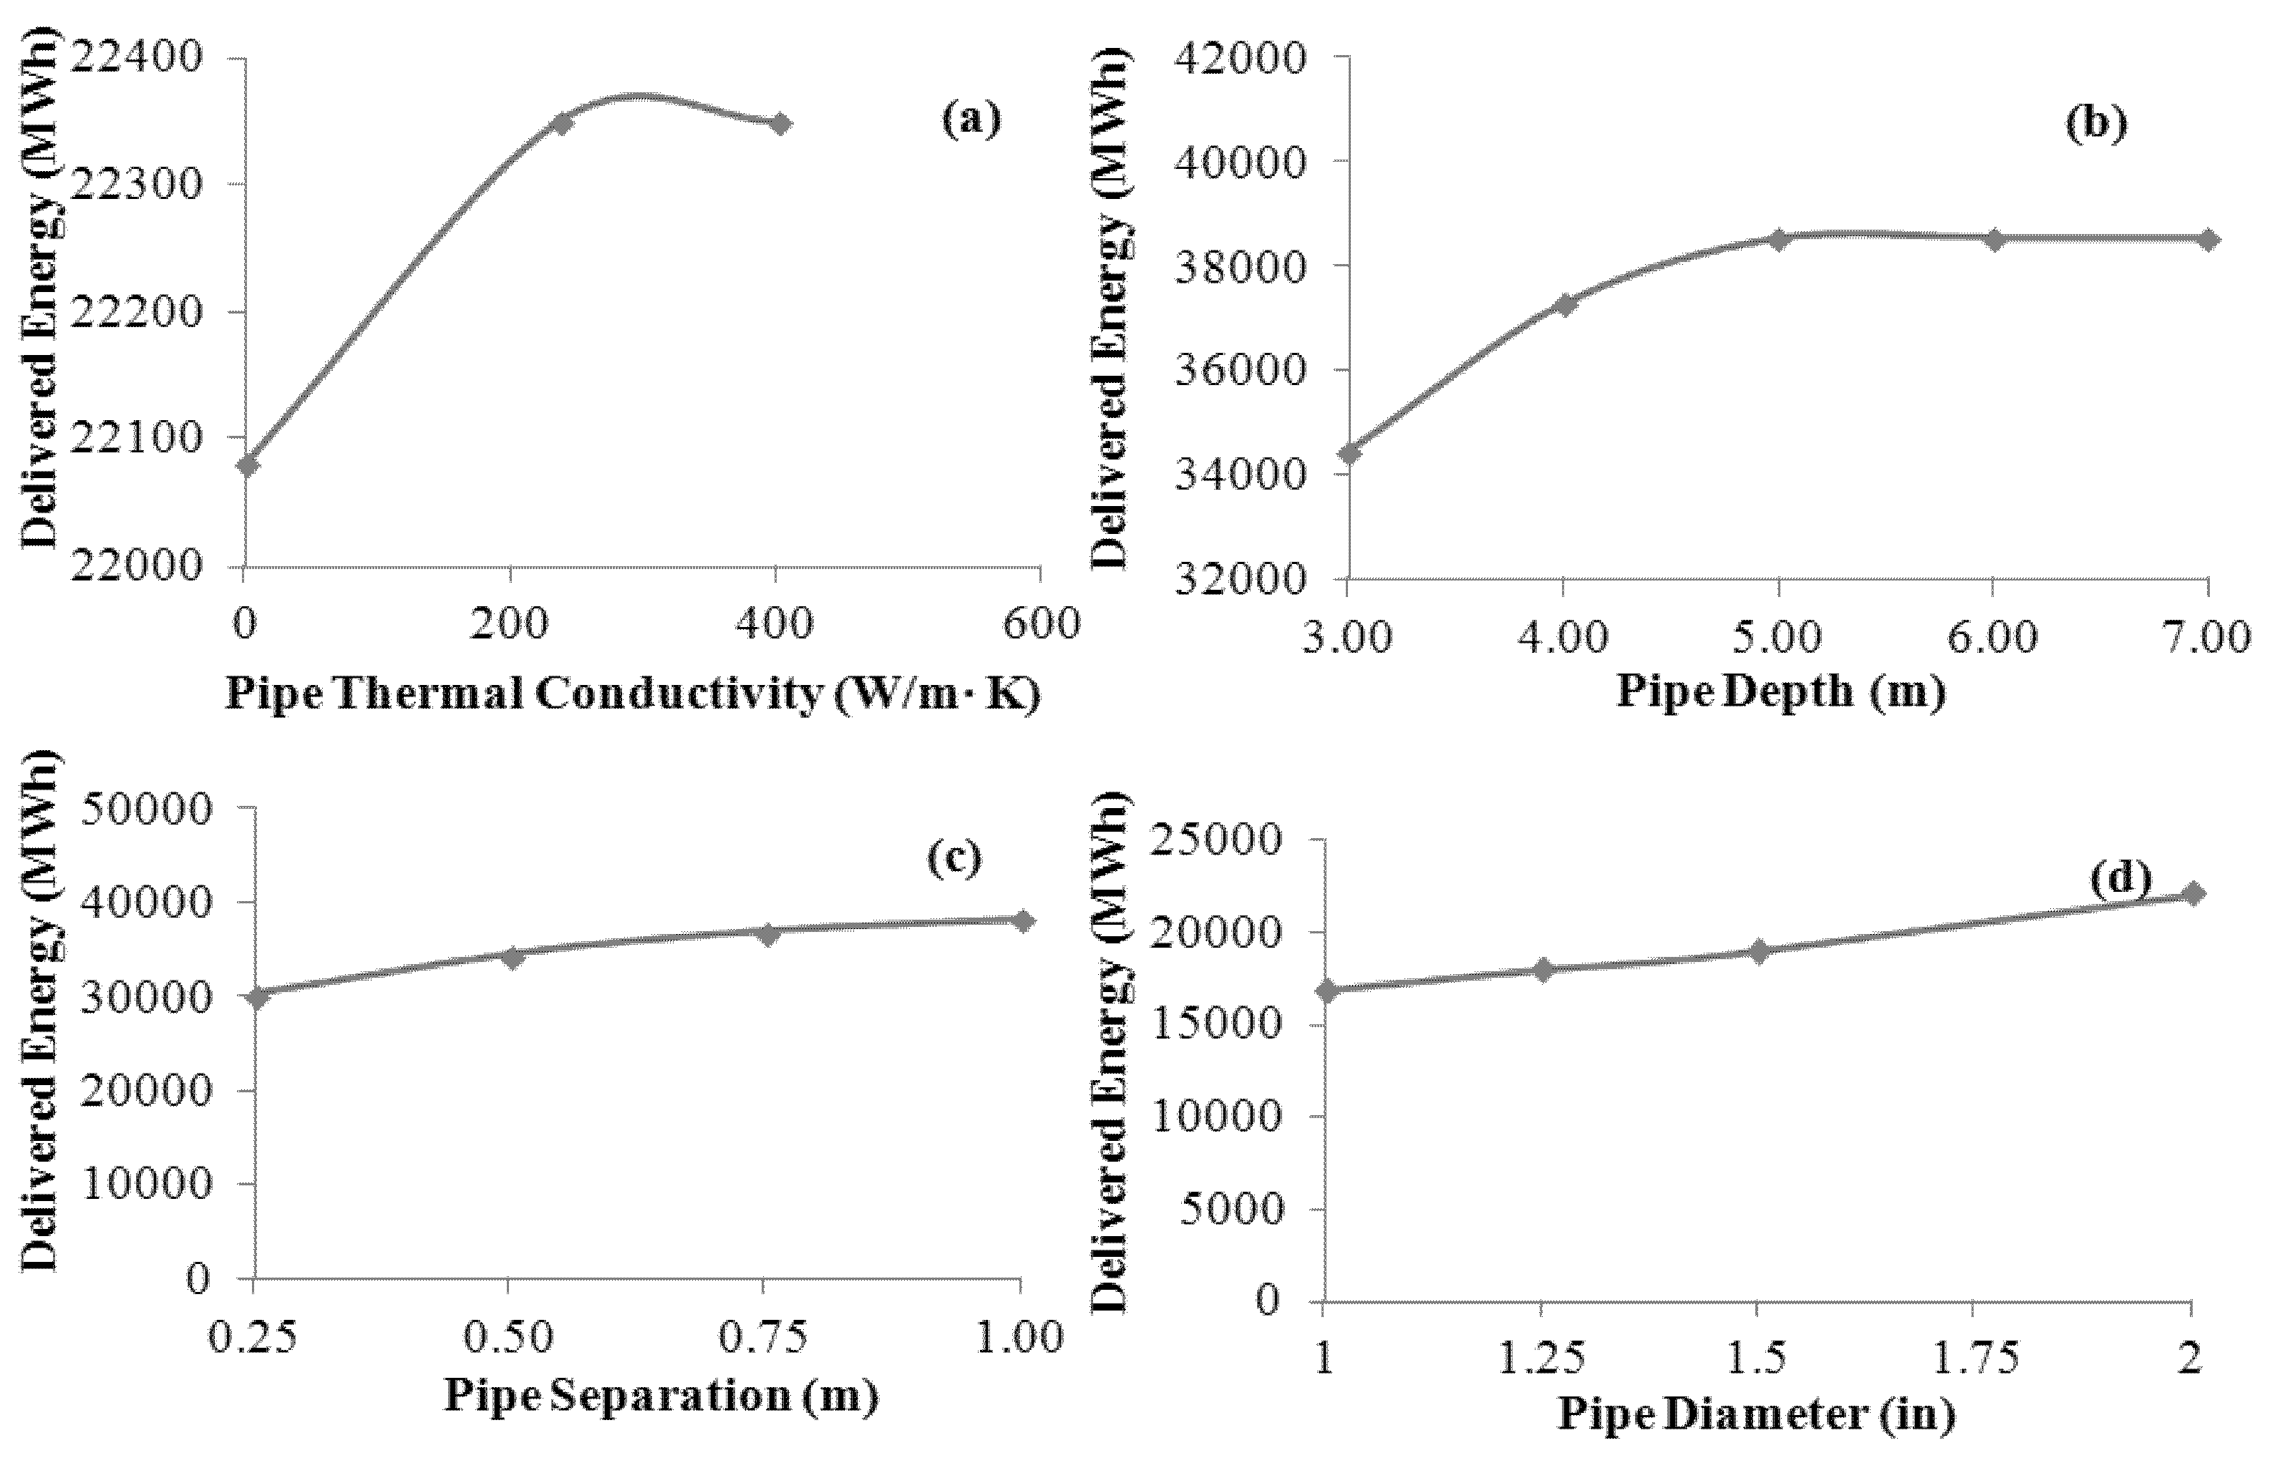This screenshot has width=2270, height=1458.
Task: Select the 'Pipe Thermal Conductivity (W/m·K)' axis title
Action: click(x=632, y=694)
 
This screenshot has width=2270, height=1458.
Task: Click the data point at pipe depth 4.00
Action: click(x=1564, y=304)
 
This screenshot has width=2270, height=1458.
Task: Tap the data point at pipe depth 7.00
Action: click(x=2208, y=240)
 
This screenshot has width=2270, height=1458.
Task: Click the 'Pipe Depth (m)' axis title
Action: click(x=1780, y=691)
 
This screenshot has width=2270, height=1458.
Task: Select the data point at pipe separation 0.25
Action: click(x=256, y=996)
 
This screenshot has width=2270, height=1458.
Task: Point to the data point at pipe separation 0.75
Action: click(x=767, y=933)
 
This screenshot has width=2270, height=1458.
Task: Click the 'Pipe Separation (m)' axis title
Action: click(x=661, y=1396)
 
